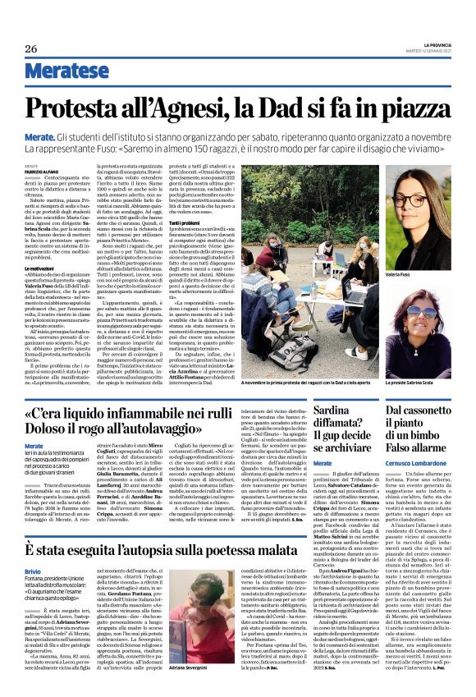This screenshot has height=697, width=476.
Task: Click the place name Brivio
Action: (x=33, y=547)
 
